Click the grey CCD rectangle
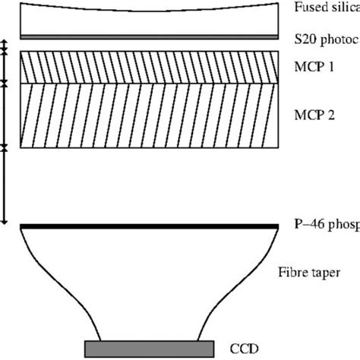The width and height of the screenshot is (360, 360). pyautogui.click(x=148, y=349)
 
